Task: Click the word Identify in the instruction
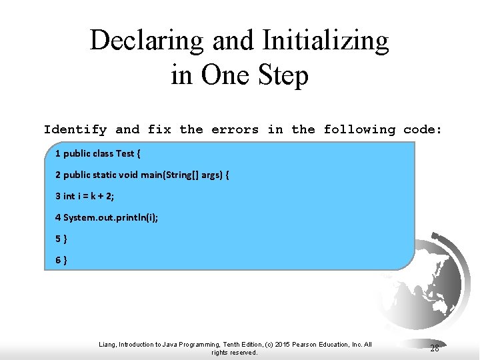pos(75,129)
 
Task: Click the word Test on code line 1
pos(125,153)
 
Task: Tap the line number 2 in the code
pos(58,175)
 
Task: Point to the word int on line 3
pos(69,196)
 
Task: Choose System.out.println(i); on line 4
pos(111,217)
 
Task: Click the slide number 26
pos(435,348)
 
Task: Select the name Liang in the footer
pos(107,345)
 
